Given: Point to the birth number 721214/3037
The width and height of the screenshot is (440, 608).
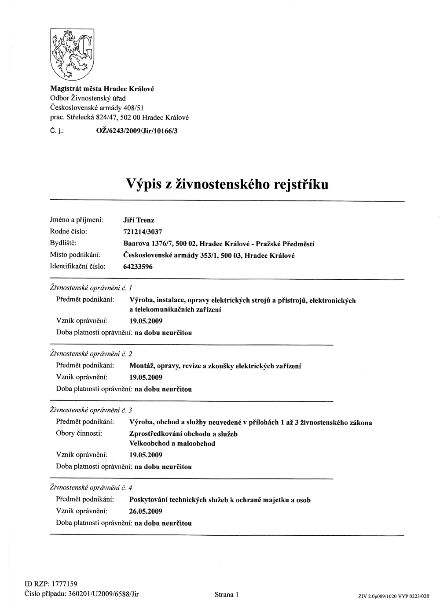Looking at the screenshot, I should (x=143, y=231).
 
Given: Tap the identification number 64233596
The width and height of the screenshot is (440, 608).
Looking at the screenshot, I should (x=138, y=267).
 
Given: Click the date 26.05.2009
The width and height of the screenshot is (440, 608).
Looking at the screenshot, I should (x=146, y=512).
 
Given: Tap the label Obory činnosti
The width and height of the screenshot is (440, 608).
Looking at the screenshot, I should (x=79, y=434).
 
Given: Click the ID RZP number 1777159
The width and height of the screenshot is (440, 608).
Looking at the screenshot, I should (x=65, y=584).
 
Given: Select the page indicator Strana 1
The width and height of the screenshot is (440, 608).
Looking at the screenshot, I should (x=226, y=595).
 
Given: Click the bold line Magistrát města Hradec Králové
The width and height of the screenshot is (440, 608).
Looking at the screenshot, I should (x=102, y=89).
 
